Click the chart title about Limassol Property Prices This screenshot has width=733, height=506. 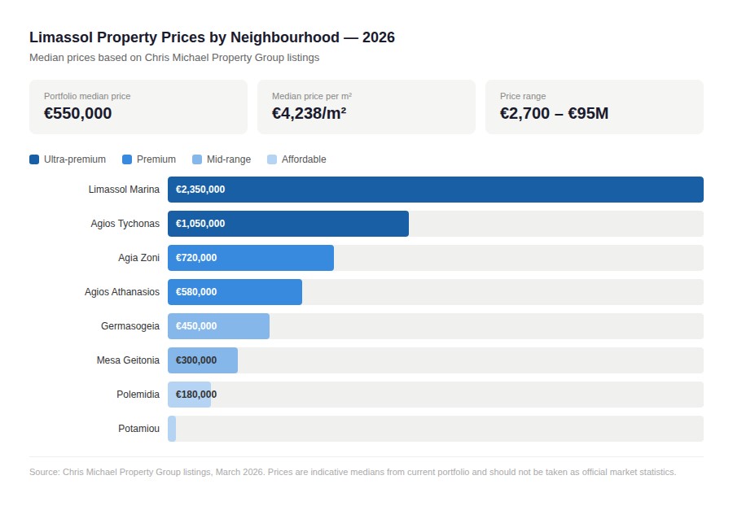click(212, 37)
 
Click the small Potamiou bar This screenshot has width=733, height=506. click(172, 429)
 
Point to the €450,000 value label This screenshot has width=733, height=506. click(196, 326)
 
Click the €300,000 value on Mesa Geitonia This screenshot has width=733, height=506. click(196, 360)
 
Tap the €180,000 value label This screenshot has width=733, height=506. click(196, 395)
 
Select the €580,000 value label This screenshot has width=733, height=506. click(196, 292)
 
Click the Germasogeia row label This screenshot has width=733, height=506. click(130, 326)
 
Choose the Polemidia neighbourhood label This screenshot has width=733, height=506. click(138, 395)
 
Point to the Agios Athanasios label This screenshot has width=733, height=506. click(122, 292)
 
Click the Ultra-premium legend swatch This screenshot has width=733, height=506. click(34, 159)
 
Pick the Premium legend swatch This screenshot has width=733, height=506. click(127, 159)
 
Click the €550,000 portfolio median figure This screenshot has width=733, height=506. click(78, 114)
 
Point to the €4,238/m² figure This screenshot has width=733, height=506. click(309, 114)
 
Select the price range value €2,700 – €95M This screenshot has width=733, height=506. click(554, 114)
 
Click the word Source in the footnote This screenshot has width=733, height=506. click(43, 472)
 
